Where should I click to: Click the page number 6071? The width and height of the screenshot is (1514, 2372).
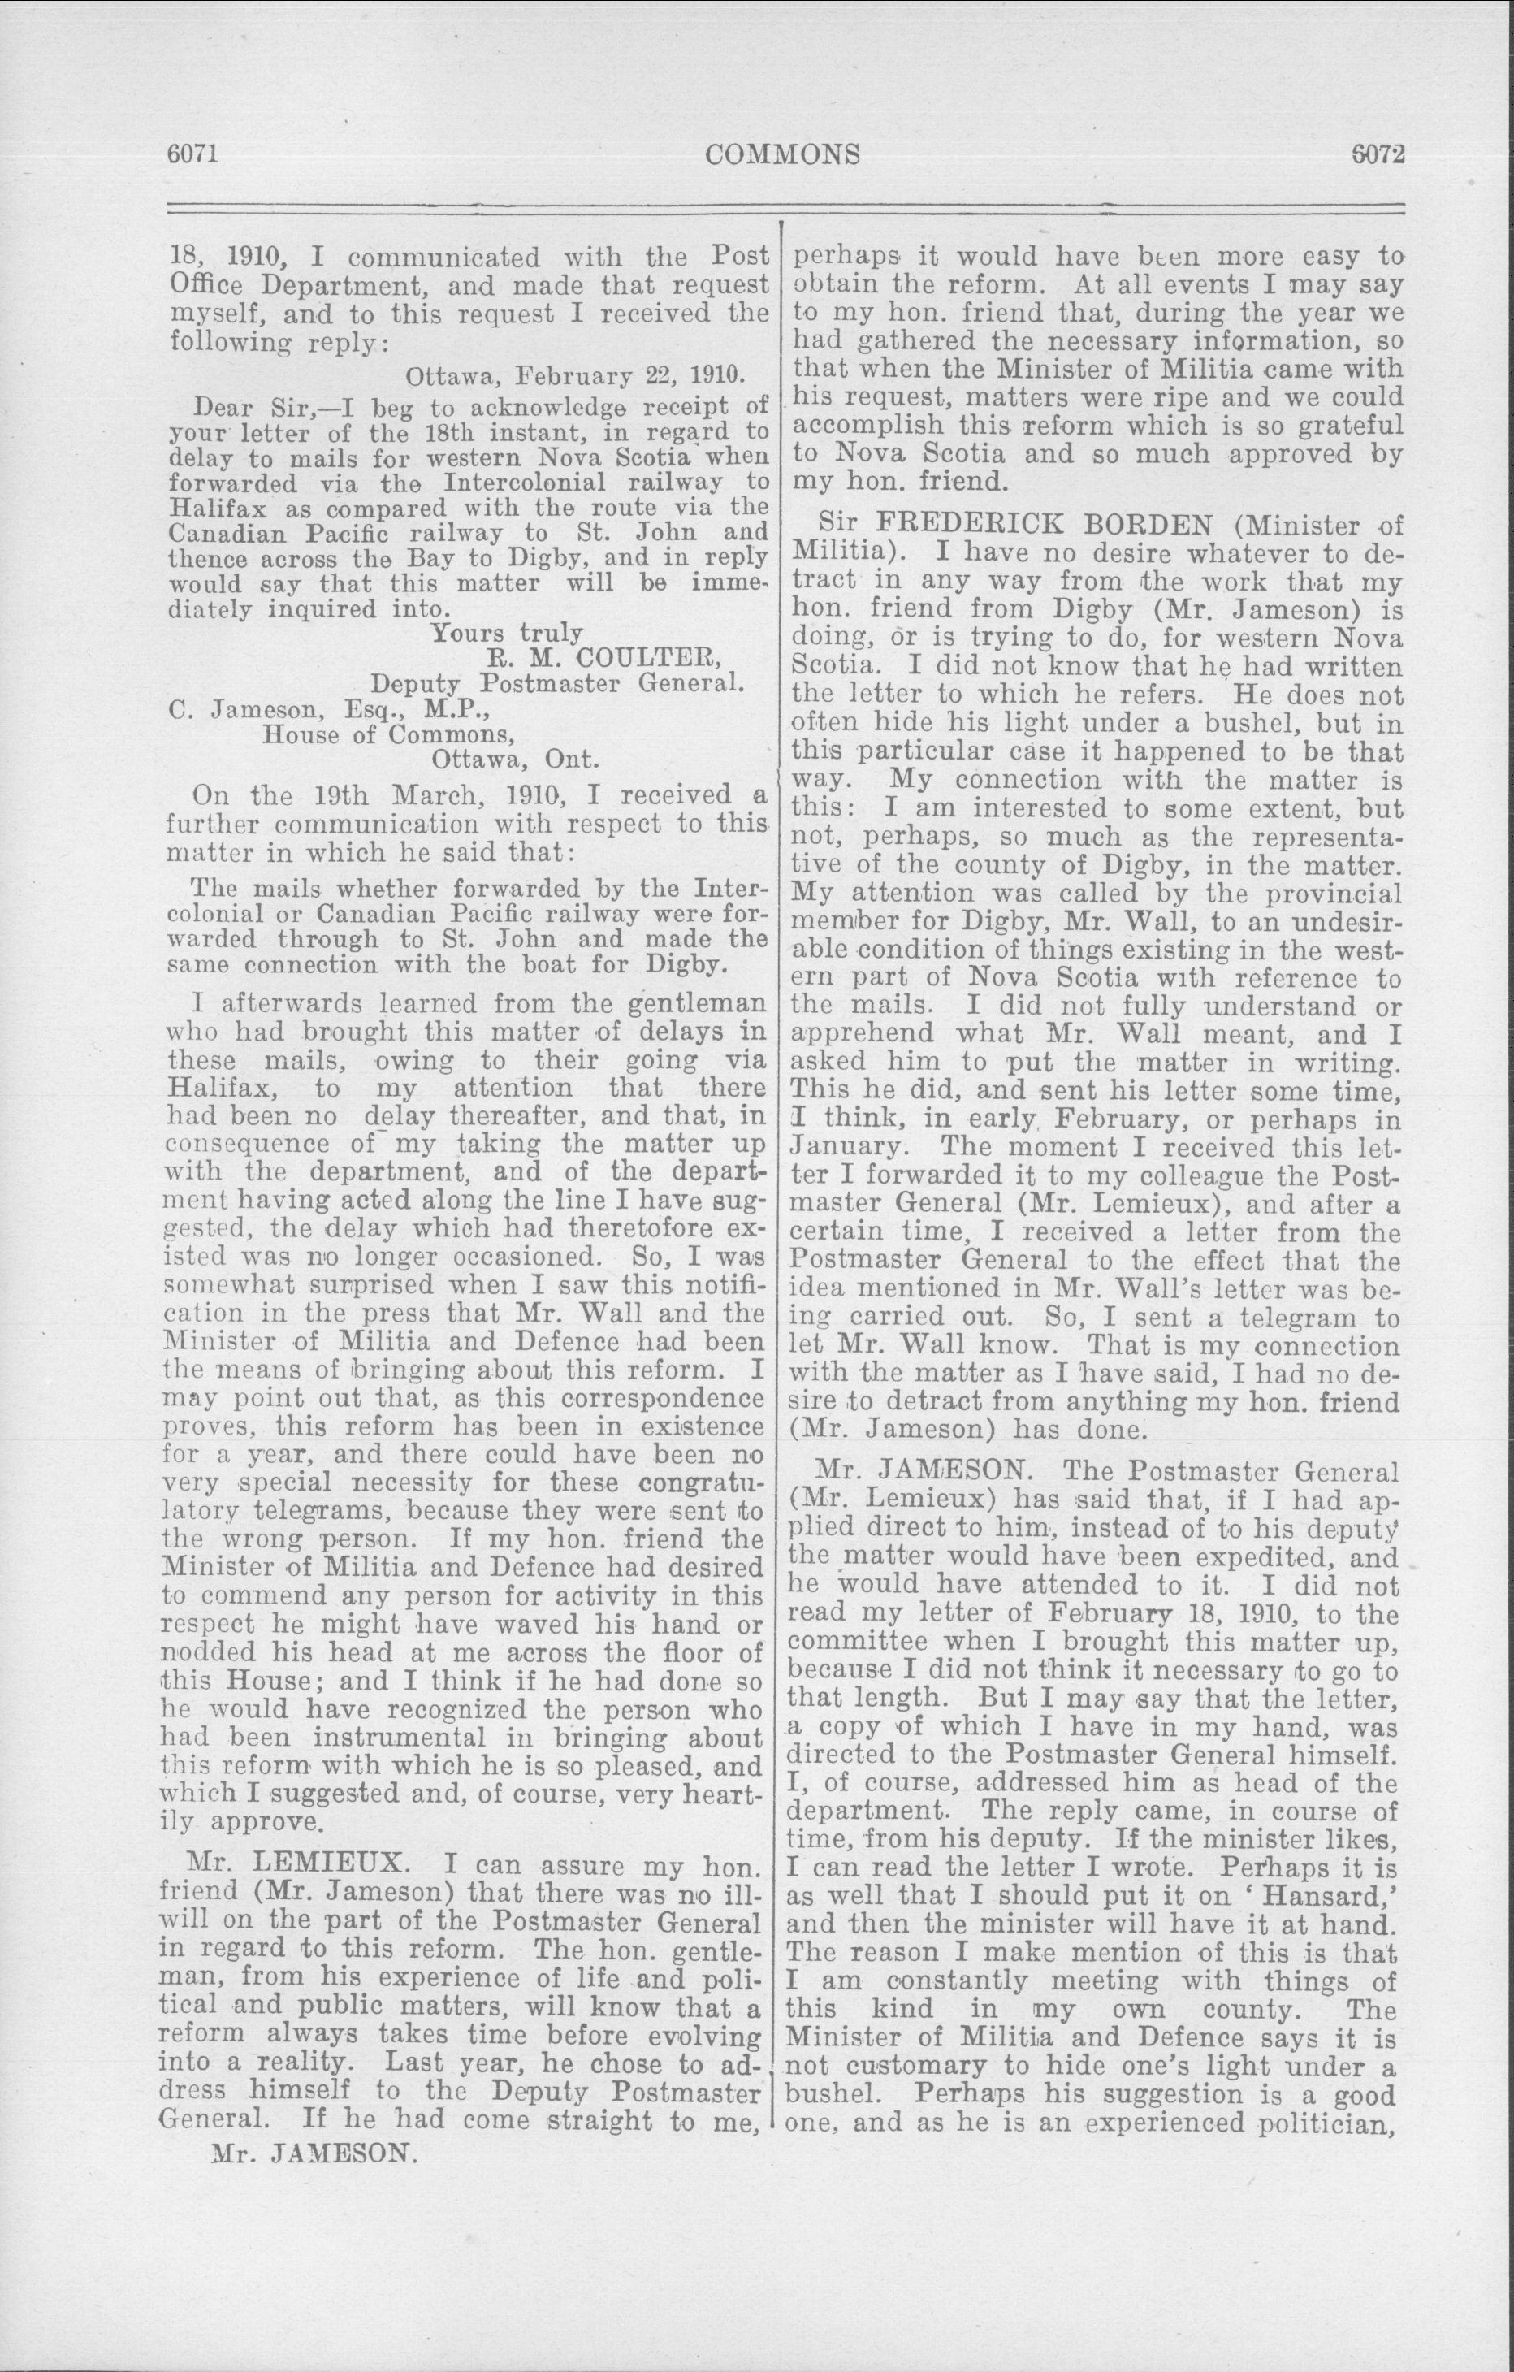(191, 154)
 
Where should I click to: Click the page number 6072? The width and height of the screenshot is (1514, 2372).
(1376, 154)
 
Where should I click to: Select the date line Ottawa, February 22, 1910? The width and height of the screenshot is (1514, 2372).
(575, 376)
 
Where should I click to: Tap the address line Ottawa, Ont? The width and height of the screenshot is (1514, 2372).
(515, 760)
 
